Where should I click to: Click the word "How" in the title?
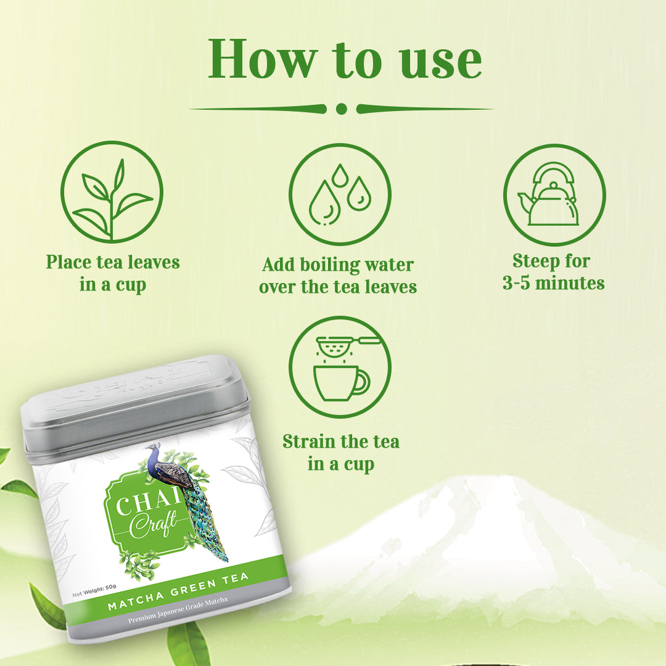click(x=263, y=59)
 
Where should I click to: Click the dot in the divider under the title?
click(x=341, y=109)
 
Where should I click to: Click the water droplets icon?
click(x=340, y=194)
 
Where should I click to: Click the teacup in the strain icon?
click(x=342, y=383)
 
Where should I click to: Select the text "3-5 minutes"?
click(x=553, y=283)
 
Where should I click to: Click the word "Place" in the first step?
click(x=68, y=262)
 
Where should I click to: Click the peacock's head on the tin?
click(x=151, y=447)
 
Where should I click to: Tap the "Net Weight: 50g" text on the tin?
click(x=94, y=590)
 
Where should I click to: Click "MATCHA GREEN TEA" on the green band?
click(x=178, y=591)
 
